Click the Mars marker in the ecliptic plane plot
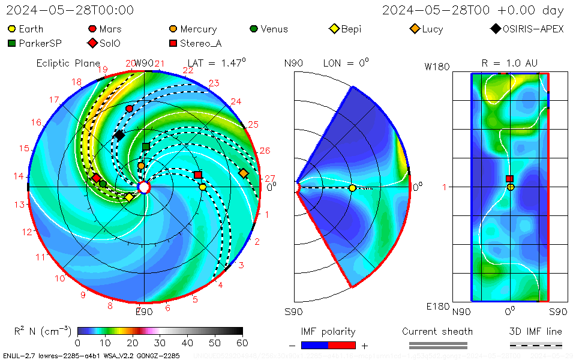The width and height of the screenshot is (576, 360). (130, 109)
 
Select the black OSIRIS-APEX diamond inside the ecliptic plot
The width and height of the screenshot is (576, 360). (119, 135)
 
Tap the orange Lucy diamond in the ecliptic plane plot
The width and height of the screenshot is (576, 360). (244, 173)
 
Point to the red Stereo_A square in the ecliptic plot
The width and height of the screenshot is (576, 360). (198, 175)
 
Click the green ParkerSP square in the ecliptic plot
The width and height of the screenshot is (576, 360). (146, 146)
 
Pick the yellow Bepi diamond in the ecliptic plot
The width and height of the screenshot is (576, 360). (129, 197)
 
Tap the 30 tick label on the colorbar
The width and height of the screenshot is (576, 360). (160, 343)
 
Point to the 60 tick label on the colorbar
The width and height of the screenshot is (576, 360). (242, 343)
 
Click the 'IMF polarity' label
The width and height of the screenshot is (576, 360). (328, 332)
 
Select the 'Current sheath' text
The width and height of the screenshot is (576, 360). (437, 332)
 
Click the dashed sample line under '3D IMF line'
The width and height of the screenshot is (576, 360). (536, 345)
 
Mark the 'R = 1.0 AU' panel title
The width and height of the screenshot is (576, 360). (509, 63)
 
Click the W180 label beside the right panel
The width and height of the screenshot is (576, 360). (437, 67)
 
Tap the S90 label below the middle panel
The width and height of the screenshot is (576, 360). (293, 311)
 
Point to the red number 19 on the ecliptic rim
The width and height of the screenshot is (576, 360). (102, 70)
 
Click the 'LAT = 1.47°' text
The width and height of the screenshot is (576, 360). (217, 62)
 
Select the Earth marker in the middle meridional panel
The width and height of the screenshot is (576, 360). (352, 188)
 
